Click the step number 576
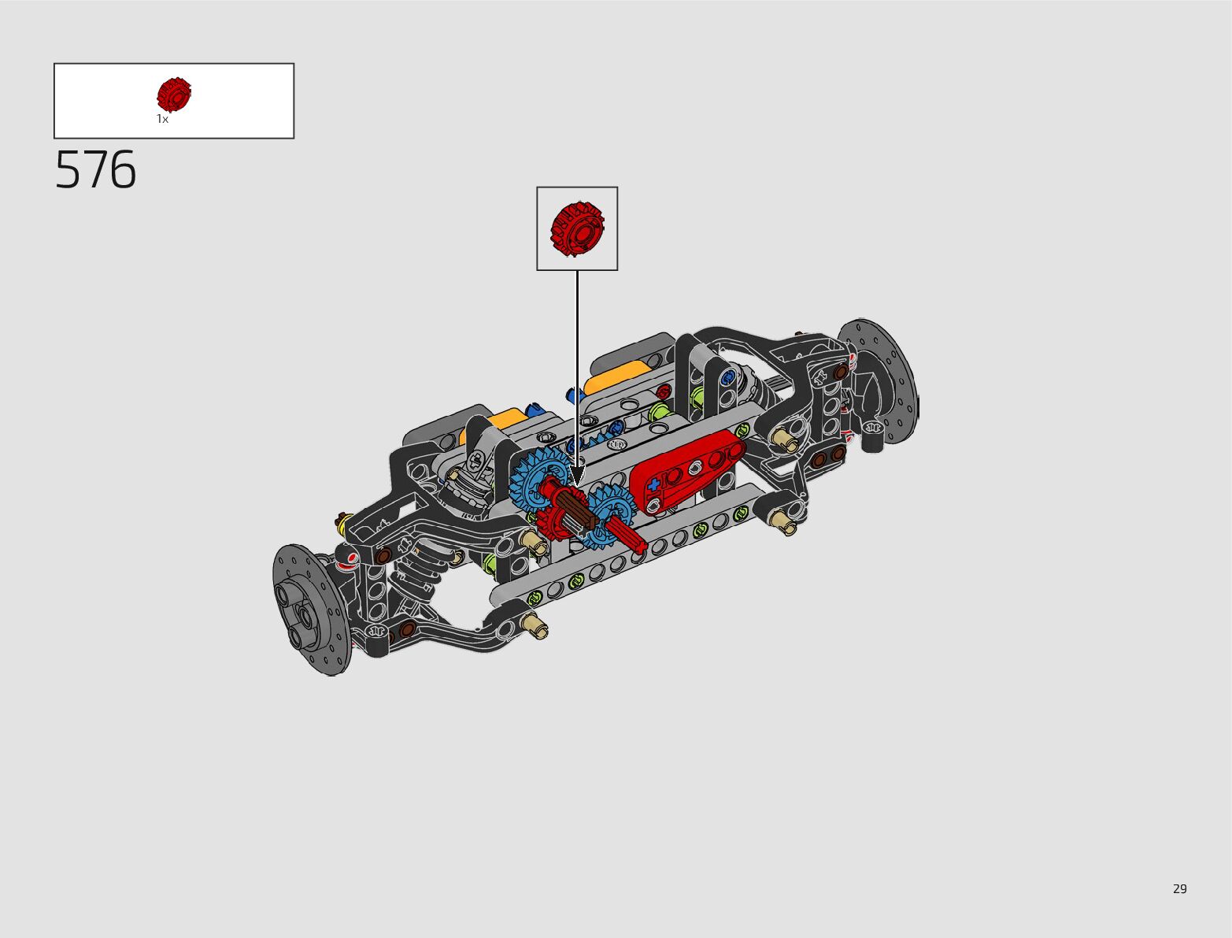[95, 169]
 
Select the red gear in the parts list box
[174, 95]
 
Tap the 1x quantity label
[162, 119]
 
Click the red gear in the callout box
[577, 229]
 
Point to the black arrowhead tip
[577, 486]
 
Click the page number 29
[1180, 888]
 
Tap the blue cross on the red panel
[653, 485]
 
